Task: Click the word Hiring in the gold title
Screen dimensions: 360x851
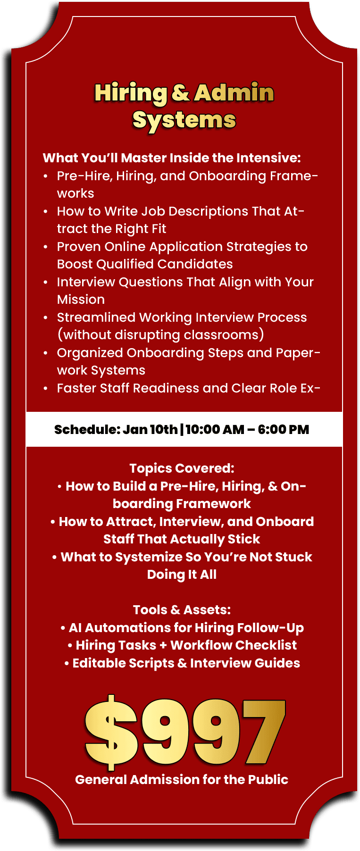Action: (131, 93)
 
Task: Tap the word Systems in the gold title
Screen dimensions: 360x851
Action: (184, 120)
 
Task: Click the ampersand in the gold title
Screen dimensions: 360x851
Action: (181, 93)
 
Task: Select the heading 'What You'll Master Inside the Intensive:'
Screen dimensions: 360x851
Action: (172, 158)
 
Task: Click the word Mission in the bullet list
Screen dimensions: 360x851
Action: (81, 300)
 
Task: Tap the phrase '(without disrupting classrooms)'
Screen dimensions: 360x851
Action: (160, 335)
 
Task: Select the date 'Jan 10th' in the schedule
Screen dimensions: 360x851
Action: (150, 429)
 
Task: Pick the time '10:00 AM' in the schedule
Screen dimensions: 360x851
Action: (215, 429)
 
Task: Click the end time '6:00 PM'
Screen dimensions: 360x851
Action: (284, 429)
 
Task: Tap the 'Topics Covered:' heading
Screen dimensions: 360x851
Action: (182, 468)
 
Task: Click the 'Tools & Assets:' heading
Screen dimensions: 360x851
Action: (182, 610)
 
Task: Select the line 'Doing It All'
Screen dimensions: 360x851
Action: (182, 575)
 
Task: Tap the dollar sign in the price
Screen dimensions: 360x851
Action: (111, 732)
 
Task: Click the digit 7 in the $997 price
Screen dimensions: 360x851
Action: (264, 732)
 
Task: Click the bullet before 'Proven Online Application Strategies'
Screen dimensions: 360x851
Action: (45, 247)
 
